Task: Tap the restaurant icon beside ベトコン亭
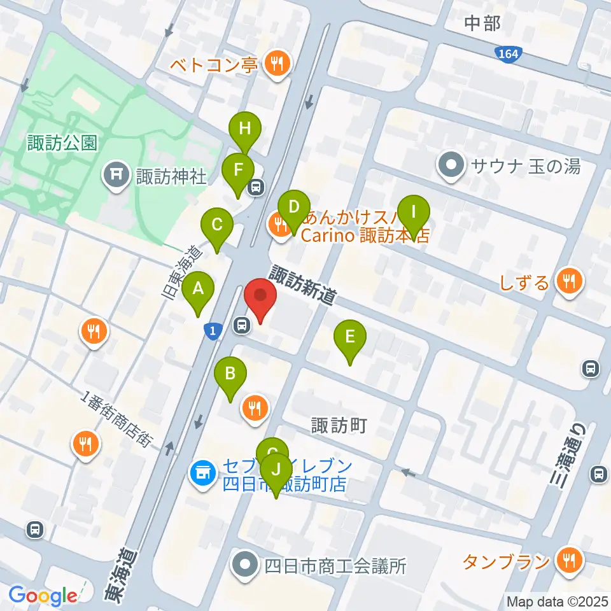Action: pos(278,63)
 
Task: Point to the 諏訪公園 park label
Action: pos(62,143)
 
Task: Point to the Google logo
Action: pos(42,596)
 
